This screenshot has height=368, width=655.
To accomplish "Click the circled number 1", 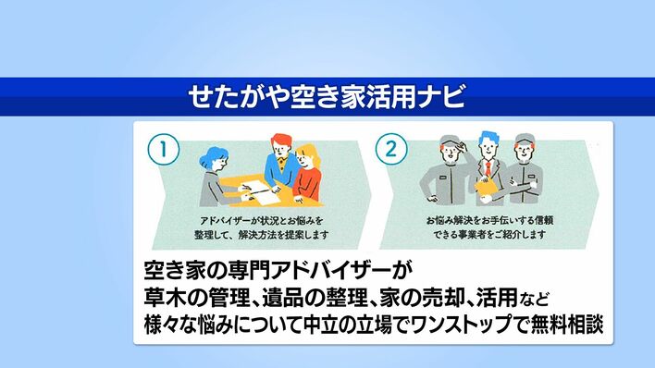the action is (x=164, y=149).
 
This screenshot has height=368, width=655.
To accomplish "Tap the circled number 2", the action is (x=391, y=149).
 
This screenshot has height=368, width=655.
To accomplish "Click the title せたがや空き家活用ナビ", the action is (x=327, y=96).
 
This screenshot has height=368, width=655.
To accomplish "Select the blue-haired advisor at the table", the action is (x=216, y=176).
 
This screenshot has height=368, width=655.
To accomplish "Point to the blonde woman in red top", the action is (x=307, y=172).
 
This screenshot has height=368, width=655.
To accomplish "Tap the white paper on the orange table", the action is (x=261, y=193).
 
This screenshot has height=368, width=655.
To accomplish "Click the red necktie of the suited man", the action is (x=488, y=169).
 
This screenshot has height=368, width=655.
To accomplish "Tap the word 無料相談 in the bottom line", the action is (x=566, y=325).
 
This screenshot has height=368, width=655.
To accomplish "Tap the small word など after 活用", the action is (x=535, y=299).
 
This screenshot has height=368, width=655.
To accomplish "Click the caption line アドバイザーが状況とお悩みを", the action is (x=262, y=221).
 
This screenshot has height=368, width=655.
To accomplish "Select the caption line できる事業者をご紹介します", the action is (x=489, y=234).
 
